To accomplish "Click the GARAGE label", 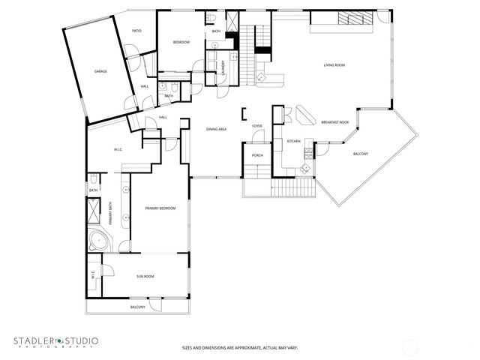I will tap(100, 71).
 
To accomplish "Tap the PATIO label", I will tap(137, 31).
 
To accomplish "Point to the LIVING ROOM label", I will tap(334, 65).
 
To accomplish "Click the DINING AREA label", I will tap(217, 129).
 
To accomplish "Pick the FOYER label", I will tap(256, 126).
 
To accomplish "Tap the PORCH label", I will tap(256, 155).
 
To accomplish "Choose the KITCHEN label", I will tap(294, 141).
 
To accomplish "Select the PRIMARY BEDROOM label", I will tap(160, 208).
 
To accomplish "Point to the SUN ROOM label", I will tap(145, 277).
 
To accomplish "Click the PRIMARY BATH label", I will tap(112, 214).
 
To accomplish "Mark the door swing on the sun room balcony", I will tap(155, 304).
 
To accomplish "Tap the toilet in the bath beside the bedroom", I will tap(213, 19).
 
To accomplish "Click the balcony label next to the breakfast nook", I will tap(361, 154).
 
